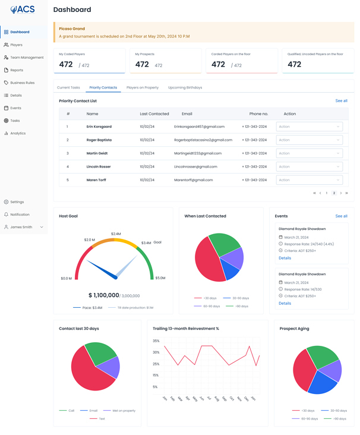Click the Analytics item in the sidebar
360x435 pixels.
click(18, 133)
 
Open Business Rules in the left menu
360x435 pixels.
click(22, 83)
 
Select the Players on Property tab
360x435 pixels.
click(142, 87)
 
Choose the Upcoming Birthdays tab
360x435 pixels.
click(185, 87)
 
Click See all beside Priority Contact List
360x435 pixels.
click(341, 101)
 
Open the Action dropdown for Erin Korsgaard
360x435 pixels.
click(309, 127)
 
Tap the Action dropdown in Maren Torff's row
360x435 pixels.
click(309, 180)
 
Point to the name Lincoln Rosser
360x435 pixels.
click(99, 167)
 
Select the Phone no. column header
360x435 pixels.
click(258, 114)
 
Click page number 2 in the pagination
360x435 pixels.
click(334, 193)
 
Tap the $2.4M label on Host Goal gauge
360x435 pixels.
click(116, 234)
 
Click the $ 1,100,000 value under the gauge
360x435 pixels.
click(103, 295)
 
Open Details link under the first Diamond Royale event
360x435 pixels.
click(285, 258)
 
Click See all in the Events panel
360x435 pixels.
click(341, 216)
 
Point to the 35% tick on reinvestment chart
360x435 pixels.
click(156, 341)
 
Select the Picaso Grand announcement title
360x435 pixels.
click(72, 29)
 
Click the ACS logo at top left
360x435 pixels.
click(23, 10)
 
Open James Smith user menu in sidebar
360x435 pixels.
click(24, 227)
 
